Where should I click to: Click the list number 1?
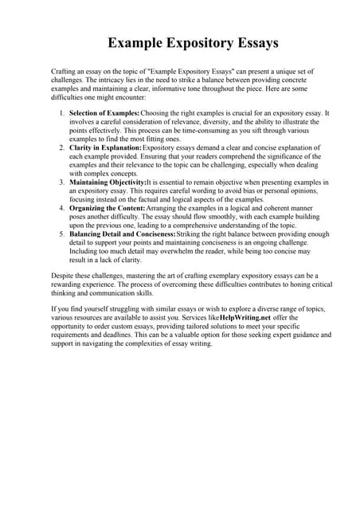click(62, 114)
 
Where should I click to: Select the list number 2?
click(62, 148)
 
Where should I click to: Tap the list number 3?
click(62, 182)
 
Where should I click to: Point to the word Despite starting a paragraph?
click(64, 275)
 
